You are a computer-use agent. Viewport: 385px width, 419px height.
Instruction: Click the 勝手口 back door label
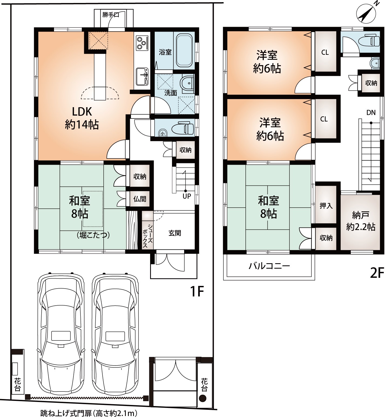[111, 15]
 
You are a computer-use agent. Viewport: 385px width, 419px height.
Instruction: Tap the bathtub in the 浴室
[184, 51]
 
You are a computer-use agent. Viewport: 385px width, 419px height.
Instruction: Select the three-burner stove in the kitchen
[142, 43]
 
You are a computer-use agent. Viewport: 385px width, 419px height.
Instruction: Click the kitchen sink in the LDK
[142, 75]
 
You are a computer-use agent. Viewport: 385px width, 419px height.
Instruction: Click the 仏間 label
[140, 199]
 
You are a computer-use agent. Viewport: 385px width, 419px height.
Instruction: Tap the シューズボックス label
[147, 235]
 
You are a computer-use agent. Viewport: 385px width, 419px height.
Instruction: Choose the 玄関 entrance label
[175, 233]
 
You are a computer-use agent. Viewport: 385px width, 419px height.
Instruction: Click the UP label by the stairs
[187, 196]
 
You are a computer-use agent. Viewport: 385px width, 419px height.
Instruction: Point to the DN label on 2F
[371, 113]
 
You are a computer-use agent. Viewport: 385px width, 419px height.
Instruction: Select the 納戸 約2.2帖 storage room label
[361, 221]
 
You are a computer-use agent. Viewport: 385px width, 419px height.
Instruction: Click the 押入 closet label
[326, 205]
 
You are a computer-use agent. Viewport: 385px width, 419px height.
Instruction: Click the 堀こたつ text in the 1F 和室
[93, 235]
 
